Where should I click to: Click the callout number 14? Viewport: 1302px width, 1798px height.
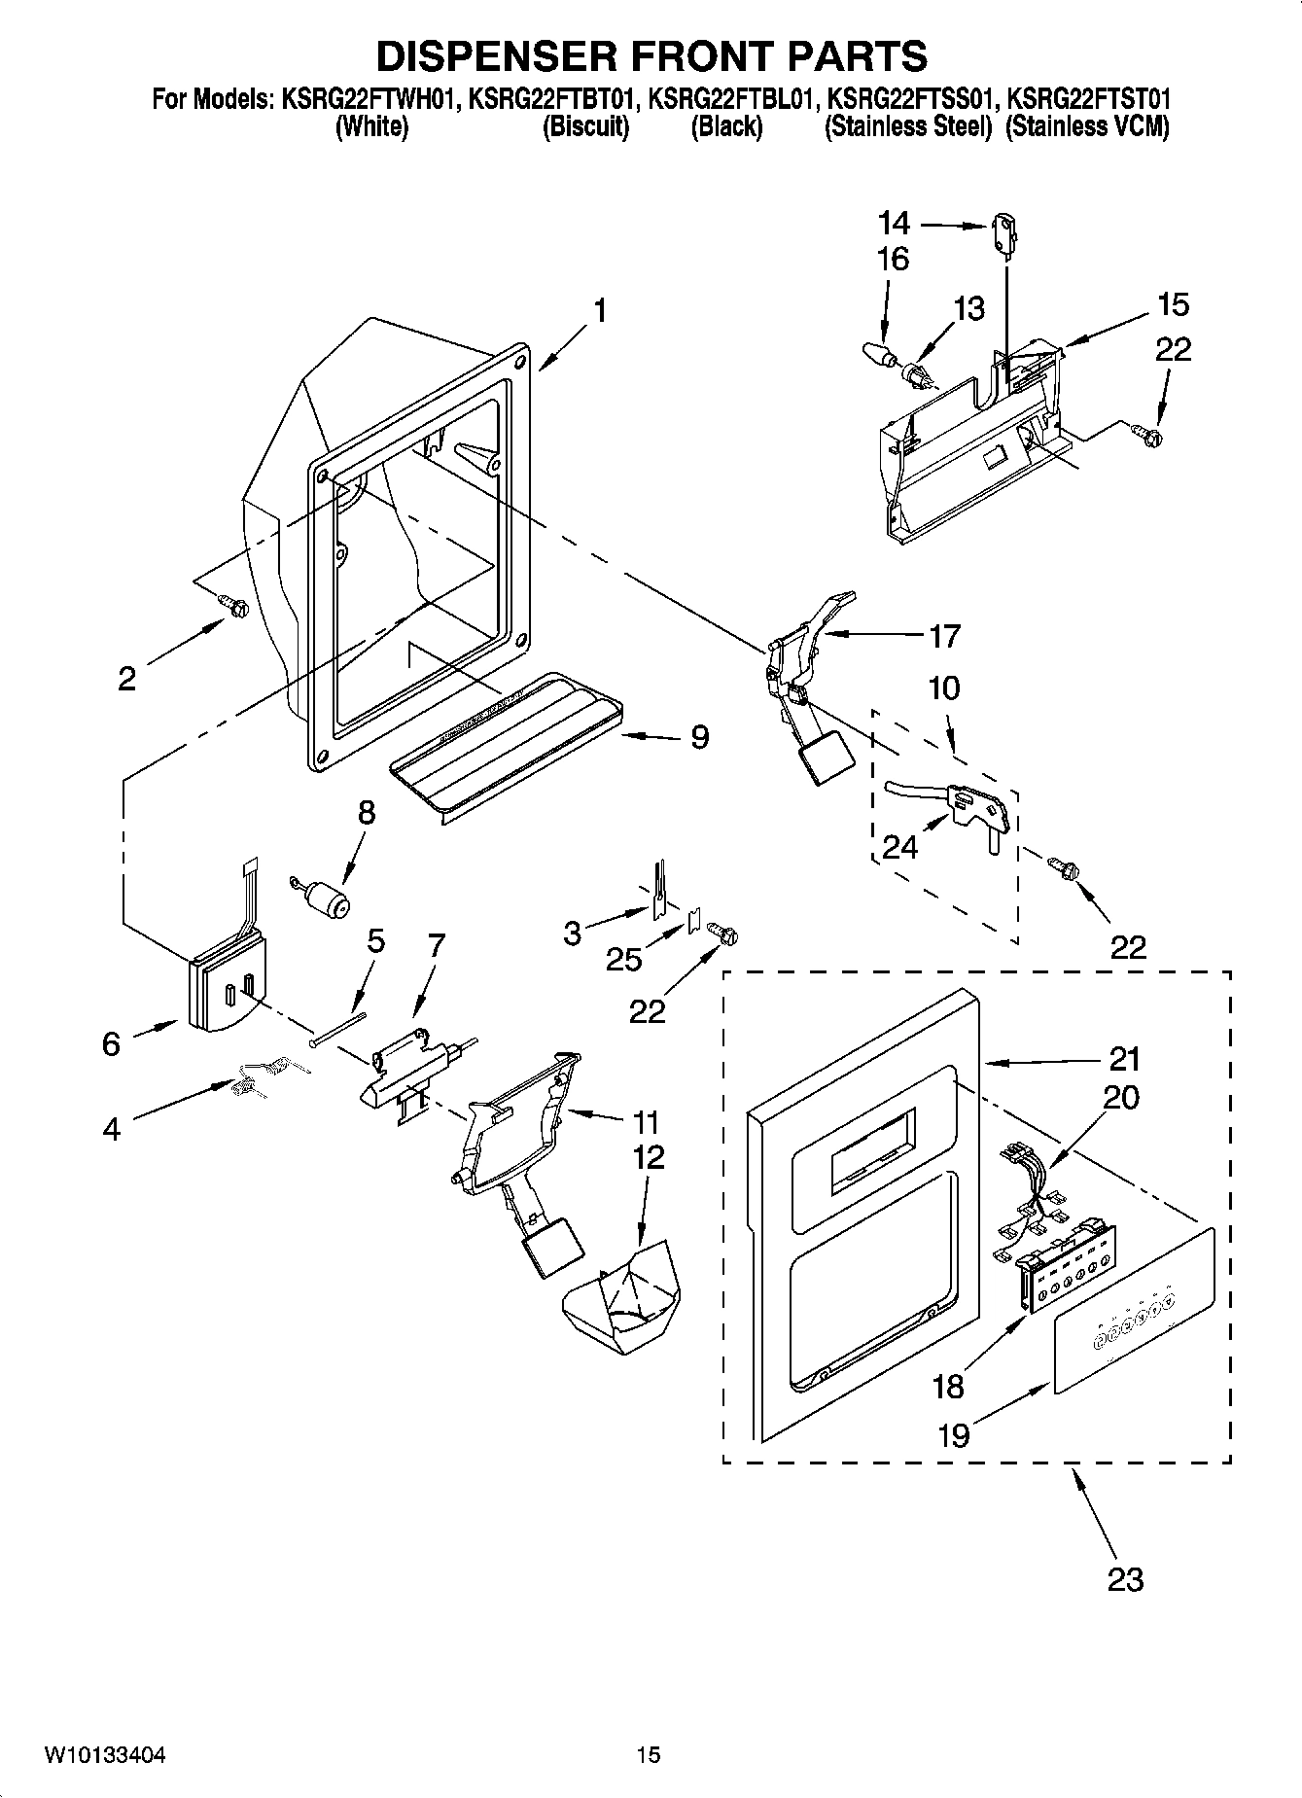tap(894, 224)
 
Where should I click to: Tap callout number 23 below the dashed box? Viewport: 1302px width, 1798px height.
tap(1125, 1578)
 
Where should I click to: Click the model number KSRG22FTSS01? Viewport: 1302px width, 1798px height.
tap(909, 99)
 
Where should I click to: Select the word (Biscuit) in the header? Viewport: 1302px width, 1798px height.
tap(585, 126)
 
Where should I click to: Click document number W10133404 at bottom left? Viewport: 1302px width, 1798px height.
tap(104, 1755)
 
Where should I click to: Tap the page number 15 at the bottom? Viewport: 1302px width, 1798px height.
tap(649, 1755)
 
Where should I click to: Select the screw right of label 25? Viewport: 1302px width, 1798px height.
tap(724, 933)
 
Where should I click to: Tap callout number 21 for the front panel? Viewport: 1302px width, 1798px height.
tap(1123, 1058)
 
